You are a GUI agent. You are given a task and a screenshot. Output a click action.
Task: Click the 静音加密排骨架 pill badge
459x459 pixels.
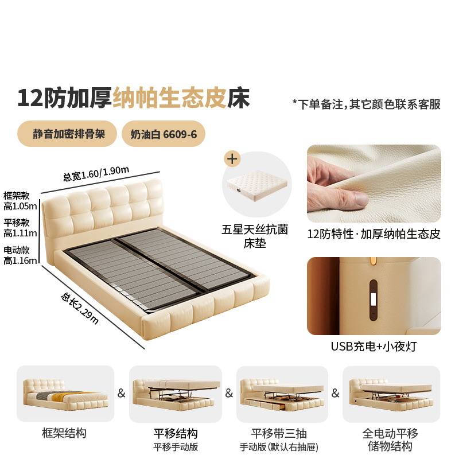click(x=67, y=134)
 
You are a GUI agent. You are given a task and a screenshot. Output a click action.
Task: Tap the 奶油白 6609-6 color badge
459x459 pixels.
click(x=164, y=134)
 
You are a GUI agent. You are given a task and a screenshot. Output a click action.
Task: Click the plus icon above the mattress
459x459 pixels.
click(x=232, y=159)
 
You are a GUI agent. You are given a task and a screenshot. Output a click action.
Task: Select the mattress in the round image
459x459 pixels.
click(x=256, y=185)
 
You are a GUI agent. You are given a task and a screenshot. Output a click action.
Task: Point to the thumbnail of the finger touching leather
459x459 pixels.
click(x=374, y=184)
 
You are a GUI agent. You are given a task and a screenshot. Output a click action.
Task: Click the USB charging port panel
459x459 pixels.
click(x=374, y=300)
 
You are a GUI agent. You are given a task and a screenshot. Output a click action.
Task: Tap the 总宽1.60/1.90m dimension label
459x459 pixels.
click(x=96, y=173)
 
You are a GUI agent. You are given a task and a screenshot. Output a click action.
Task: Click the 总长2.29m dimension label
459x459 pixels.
click(x=79, y=308)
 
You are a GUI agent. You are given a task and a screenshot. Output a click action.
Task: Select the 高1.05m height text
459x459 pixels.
click(x=20, y=206)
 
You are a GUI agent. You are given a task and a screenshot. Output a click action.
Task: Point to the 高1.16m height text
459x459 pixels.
click(x=20, y=260)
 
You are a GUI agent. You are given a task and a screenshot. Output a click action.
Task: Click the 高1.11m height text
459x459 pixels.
click(x=20, y=234)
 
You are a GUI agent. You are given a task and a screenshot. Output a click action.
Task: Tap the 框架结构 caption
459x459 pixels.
click(x=64, y=433)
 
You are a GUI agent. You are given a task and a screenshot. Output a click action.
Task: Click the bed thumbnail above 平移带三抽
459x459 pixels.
click(x=282, y=394)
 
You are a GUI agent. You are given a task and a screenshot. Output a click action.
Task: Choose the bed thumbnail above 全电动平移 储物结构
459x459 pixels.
click(x=391, y=394)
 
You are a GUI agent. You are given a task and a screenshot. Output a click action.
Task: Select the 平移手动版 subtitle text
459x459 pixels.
click(x=176, y=447)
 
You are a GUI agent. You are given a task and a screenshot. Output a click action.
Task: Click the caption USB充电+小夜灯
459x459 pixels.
click(x=374, y=347)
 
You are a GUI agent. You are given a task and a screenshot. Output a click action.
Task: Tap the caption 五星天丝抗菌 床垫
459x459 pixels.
click(x=255, y=236)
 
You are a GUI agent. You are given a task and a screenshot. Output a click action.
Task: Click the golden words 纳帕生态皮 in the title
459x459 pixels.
click(x=170, y=98)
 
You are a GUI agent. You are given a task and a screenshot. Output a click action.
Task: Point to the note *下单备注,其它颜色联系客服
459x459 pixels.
click(x=367, y=104)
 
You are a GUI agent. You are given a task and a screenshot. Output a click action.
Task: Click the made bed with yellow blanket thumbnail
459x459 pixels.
click(x=65, y=394)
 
